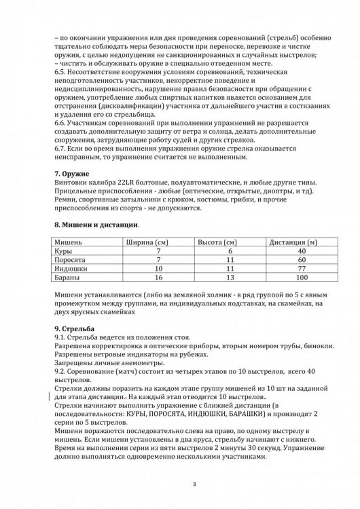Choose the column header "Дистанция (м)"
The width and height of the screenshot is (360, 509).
(294, 241)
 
